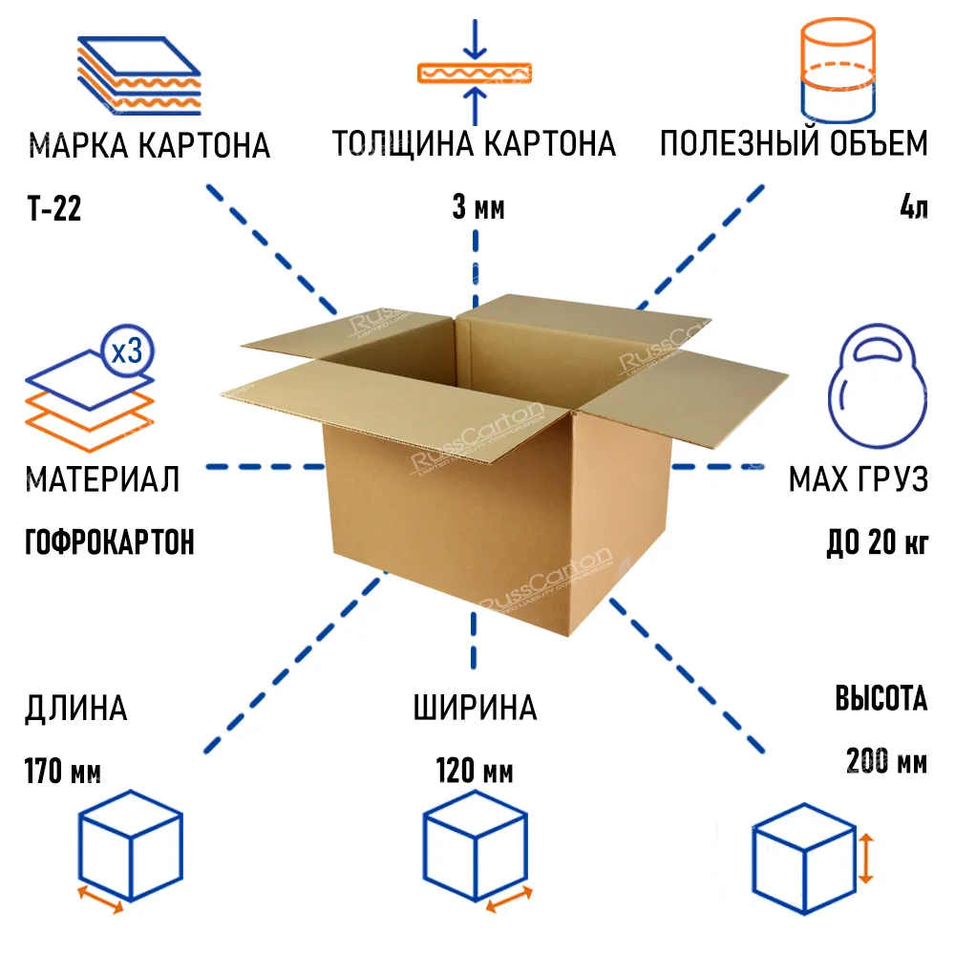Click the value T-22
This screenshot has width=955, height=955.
point(53,209)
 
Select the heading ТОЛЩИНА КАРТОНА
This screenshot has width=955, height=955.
point(474,144)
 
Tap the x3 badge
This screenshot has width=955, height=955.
point(127,352)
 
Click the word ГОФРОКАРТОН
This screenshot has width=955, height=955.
point(109,542)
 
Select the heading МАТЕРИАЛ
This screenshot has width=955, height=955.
point(103,478)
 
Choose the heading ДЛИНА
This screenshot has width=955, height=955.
point(75,709)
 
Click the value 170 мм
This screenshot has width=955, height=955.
point(63,771)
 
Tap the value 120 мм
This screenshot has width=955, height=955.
point(475,771)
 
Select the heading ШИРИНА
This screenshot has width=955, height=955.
point(475,709)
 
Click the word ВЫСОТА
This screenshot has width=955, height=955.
point(881,699)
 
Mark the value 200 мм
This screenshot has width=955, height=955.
point(886,762)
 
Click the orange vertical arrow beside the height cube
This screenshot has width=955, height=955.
point(865,857)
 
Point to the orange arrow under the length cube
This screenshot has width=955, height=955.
point(99,901)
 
